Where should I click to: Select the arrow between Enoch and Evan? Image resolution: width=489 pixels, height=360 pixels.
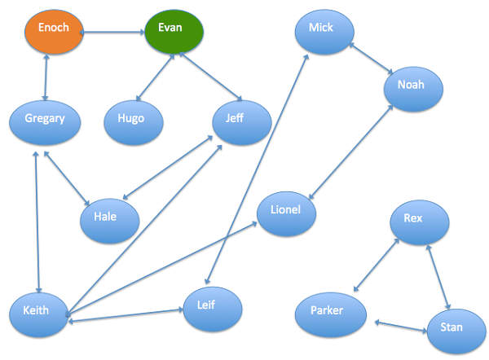pyautogui.click(x=113, y=33)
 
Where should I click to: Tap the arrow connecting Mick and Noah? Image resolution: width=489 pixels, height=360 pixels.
pyautogui.click(x=371, y=59)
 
